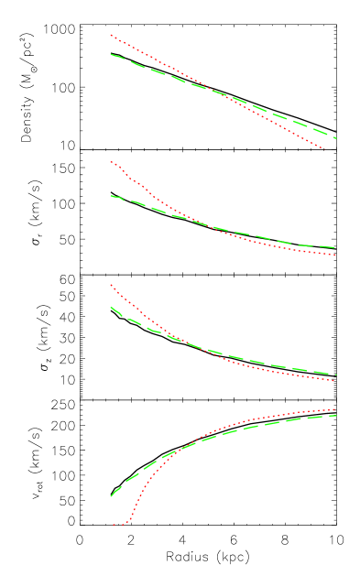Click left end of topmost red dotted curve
point(111,35)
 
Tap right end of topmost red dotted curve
point(325,149)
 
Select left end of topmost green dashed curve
point(111,55)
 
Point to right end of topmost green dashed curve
point(336,138)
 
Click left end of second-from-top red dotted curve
point(111,162)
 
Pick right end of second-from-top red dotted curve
point(336,255)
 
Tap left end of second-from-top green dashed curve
point(111,196)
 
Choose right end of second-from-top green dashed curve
point(336,248)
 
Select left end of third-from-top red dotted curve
point(111,285)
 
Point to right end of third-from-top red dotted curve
point(336,376)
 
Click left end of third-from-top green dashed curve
point(111,307)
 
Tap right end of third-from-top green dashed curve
point(336,375)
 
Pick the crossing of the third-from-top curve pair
point(180,341)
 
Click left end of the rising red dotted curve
point(114,526)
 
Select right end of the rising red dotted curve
point(336,409)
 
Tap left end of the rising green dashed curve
point(111,496)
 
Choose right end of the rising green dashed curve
point(336,416)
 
